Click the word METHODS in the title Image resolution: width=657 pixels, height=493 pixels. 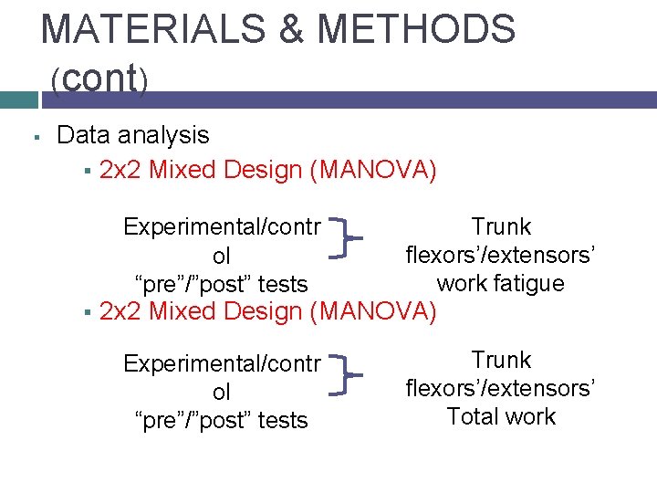click(417, 29)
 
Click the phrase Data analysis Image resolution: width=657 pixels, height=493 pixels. click(132, 135)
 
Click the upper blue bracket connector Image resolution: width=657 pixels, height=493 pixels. click(347, 239)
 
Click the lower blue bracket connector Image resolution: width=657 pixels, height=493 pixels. click(347, 374)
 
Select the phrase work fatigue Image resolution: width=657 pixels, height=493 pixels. click(501, 283)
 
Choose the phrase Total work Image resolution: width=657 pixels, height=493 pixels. click(501, 416)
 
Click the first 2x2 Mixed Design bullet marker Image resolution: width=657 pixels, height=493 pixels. click(84, 171)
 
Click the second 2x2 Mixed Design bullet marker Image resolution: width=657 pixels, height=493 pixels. click(84, 313)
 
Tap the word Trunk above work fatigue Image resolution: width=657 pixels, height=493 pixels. click(501, 226)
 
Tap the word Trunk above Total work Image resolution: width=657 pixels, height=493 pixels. click(501, 361)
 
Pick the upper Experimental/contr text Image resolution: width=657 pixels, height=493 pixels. click(222, 226)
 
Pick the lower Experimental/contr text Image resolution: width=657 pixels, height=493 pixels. click(222, 363)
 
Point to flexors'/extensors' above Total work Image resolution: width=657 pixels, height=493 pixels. click(501, 389)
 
